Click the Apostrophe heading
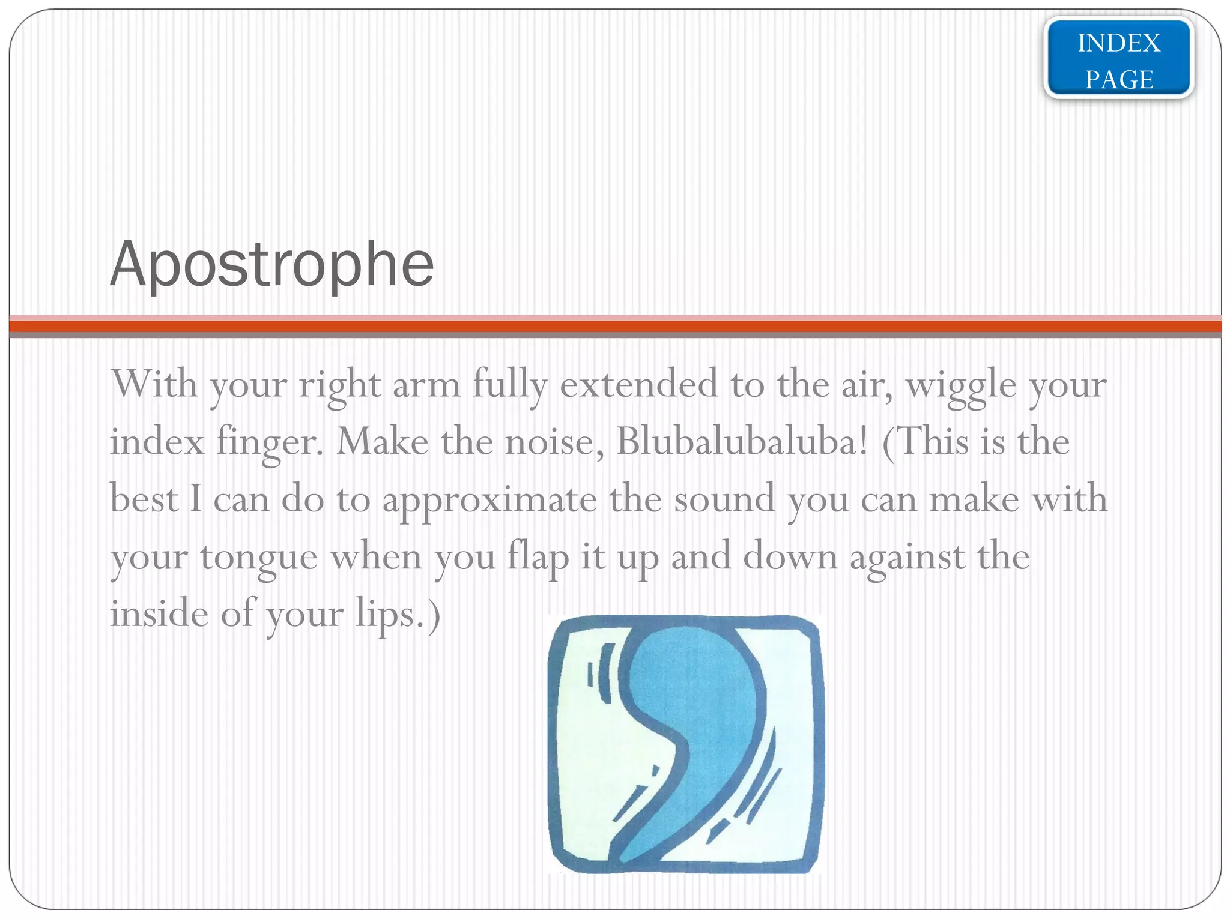coord(271,265)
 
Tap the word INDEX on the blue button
coord(1118,43)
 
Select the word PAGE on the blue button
coord(1118,79)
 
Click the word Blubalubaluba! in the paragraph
coord(742,442)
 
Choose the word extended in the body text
coord(638,384)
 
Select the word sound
coord(724,499)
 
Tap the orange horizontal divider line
coord(615,327)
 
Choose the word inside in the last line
coord(159,614)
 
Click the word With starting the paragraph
coord(154,384)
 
